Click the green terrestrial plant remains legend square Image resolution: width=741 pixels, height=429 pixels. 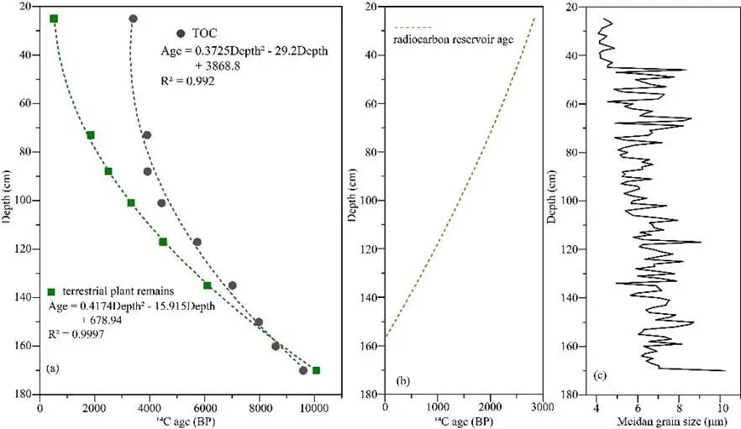(x=50, y=291)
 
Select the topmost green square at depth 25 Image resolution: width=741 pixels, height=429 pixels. (x=54, y=18)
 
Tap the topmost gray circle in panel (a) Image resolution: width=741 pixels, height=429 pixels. (x=133, y=18)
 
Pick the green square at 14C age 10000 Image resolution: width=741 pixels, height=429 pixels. (x=316, y=370)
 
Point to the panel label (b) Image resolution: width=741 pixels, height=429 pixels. (x=402, y=381)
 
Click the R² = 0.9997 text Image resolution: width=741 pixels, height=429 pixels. (x=79, y=332)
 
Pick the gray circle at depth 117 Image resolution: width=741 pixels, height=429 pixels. (x=197, y=242)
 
